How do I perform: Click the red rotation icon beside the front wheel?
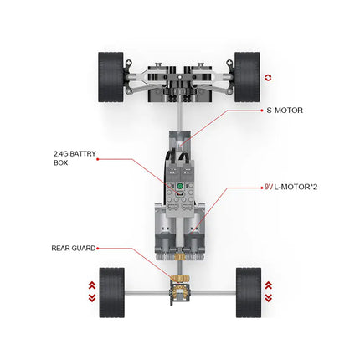pos(268,77)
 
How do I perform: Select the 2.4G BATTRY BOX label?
pos(74,157)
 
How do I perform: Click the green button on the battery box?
pos(178,187)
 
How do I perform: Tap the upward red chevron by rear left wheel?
pos(92,285)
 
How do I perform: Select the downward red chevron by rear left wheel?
pos(92,296)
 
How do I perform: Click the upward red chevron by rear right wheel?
pos(268,285)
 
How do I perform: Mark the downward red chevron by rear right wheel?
pos(268,296)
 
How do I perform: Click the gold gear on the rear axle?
pos(178,281)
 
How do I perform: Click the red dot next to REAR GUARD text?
pos(98,248)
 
